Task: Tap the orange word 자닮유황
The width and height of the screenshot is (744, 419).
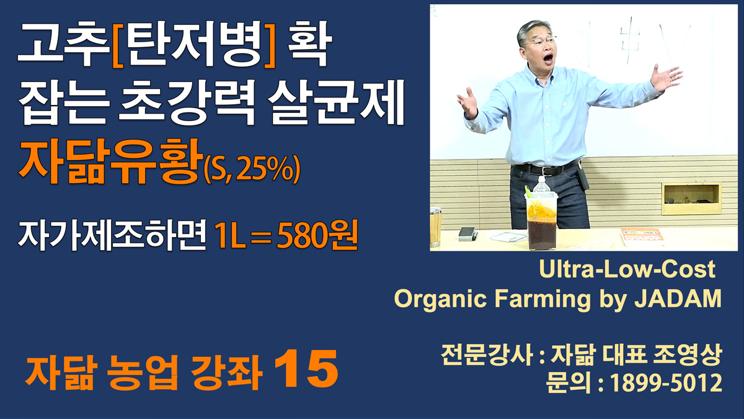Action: pos(110,161)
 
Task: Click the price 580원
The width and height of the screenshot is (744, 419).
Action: pos(317,235)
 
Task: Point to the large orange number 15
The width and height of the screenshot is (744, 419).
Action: pos(306,369)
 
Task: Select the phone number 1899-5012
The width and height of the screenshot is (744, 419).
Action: pos(666,382)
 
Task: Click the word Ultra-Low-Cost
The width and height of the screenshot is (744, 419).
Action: pos(627,269)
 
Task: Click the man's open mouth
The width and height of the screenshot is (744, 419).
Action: pos(548,58)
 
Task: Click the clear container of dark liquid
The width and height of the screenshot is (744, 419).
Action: pos(541,221)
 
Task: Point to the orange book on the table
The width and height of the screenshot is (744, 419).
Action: pos(641,236)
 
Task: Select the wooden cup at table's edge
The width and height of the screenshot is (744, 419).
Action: pos(435,227)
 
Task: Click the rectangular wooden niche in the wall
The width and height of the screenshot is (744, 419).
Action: pos(691,198)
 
